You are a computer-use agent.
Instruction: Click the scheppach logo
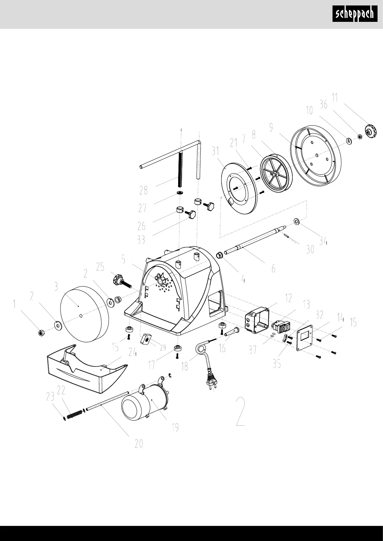(355, 14)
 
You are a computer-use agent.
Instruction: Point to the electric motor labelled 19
(146, 402)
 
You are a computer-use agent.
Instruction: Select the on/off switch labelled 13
(281, 326)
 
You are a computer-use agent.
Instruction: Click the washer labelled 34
(296, 221)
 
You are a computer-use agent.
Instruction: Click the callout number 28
(143, 191)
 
